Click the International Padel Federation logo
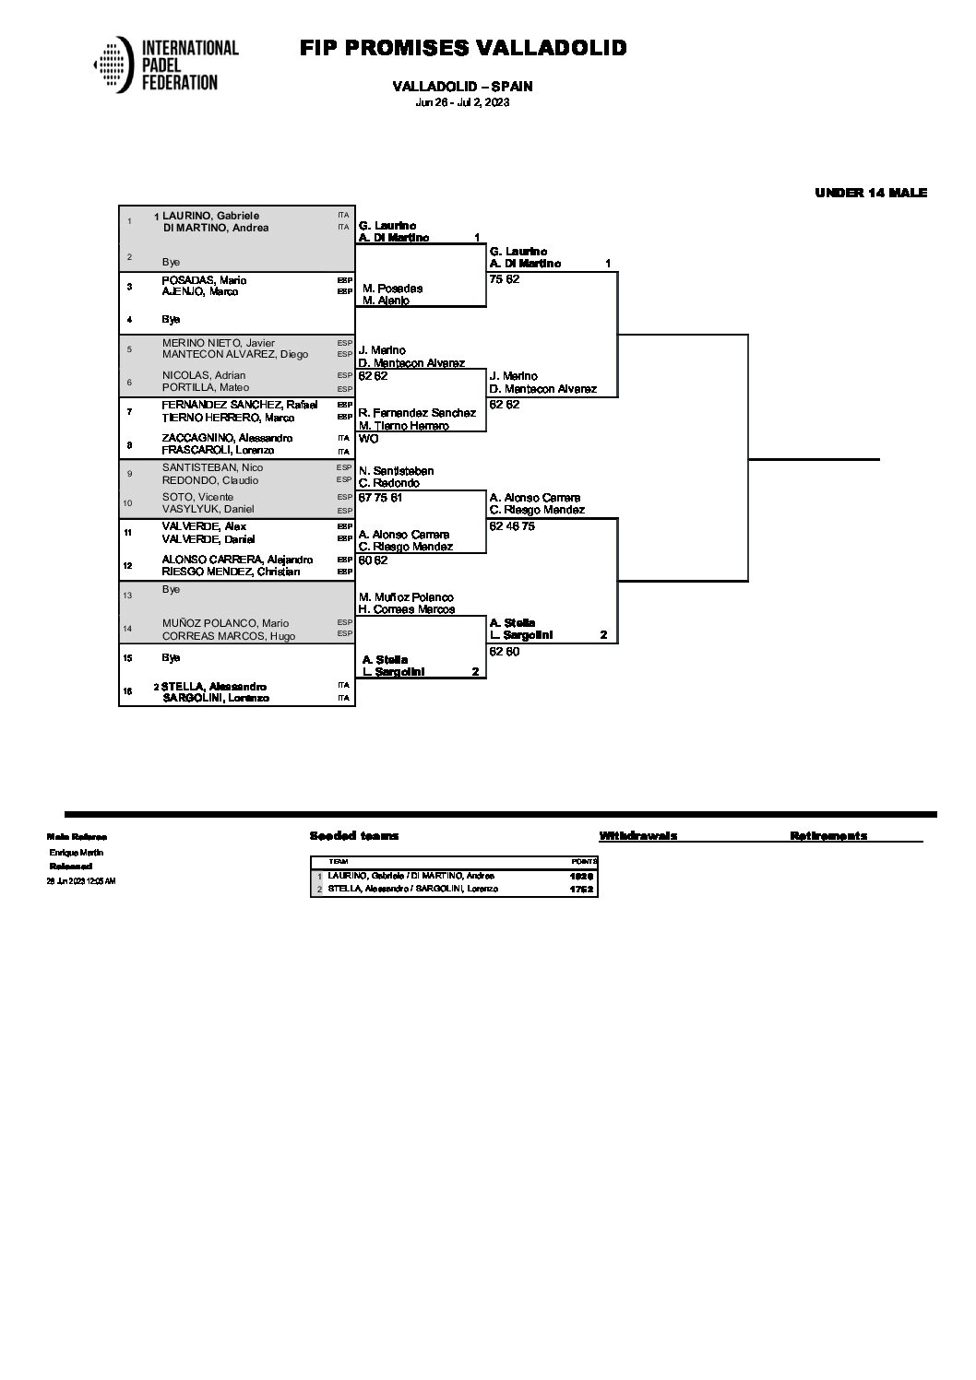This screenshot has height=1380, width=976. [166, 65]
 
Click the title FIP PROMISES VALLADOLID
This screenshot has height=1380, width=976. [463, 48]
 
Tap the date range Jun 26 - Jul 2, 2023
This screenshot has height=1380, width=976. [462, 102]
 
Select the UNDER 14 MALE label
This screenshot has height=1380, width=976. [870, 193]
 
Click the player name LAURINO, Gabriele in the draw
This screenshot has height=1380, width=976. [211, 216]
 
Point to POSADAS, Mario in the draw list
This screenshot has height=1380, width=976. [204, 280]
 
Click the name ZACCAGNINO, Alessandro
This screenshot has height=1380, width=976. [227, 438]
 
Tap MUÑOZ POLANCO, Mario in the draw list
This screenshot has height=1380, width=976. [225, 623]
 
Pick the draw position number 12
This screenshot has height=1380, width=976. [129, 565]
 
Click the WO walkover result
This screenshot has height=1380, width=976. [368, 439]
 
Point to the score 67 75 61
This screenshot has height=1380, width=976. [380, 498]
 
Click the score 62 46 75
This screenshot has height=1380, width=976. [512, 526]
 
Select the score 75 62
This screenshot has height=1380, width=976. [505, 278]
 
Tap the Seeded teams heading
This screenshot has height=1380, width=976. [354, 836]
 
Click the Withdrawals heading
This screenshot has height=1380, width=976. [637, 836]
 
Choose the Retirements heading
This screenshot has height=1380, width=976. [827, 836]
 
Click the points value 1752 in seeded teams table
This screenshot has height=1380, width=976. [580, 890]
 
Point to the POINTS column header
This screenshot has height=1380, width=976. [585, 861]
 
